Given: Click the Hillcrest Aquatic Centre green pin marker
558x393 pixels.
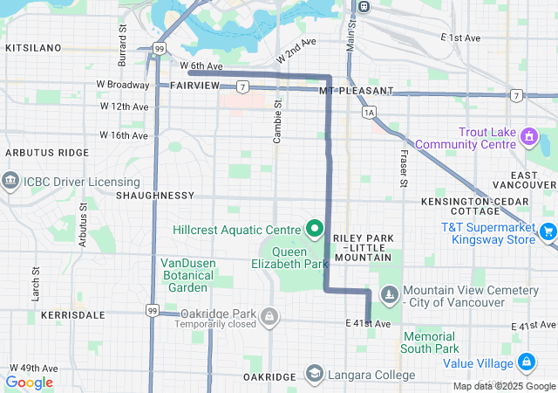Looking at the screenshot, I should coord(315,230).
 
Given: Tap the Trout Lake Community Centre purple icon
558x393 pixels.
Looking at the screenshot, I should coord(528,136).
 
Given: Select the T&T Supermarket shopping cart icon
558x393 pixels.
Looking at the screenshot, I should coord(548,231).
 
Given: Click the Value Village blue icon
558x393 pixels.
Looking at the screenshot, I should coord(527,361).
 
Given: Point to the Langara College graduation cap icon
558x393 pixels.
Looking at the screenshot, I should coord(312,375).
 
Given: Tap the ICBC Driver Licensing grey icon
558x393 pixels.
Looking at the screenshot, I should coord(10,181).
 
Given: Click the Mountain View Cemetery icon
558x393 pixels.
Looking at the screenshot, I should coord(391,295).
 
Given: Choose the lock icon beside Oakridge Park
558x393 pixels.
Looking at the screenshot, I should coord(270,314).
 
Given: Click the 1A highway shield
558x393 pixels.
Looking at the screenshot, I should coord(369,112).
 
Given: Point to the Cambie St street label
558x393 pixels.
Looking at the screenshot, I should coord(278,121).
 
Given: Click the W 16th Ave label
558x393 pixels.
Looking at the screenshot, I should coord(124,135).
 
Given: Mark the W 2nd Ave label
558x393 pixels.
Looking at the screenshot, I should coord(296,50).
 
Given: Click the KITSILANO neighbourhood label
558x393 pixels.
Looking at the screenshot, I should coord(31,48).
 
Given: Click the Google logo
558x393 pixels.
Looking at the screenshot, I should coord(29,382).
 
